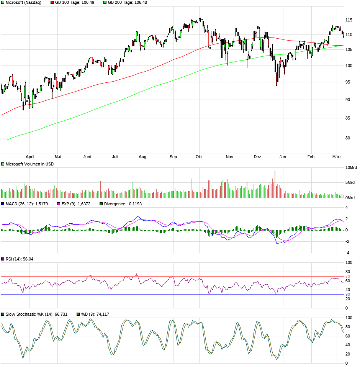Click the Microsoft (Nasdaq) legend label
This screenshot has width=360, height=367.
(23, 2)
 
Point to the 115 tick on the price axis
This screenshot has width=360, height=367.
(349, 20)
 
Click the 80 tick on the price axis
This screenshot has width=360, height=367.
(349, 138)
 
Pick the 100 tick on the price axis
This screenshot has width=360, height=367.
(349, 66)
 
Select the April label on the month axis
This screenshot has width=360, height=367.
(30, 157)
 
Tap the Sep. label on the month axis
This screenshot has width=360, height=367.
(174, 157)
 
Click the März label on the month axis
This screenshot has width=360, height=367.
(337, 157)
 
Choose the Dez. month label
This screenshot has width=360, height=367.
(258, 157)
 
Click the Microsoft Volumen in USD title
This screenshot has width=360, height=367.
(29, 164)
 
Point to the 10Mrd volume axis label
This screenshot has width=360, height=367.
(351, 168)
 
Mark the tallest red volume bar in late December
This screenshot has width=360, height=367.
(275, 184)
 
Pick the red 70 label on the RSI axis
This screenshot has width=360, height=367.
(348, 276)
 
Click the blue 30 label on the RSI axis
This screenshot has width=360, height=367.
(348, 294)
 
